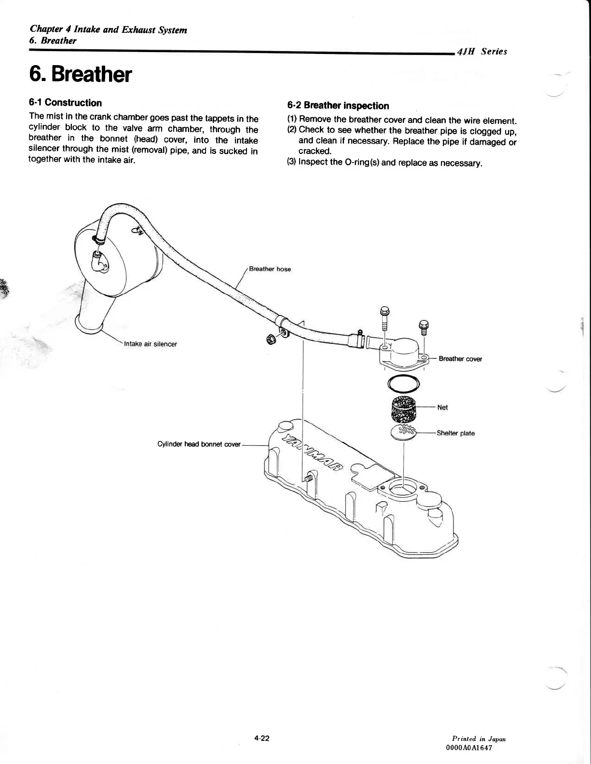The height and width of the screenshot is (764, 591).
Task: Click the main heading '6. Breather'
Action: click(80, 75)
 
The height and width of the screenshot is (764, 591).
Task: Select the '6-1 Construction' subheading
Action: click(65, 103)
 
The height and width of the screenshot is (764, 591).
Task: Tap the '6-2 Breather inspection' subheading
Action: click(338, 106)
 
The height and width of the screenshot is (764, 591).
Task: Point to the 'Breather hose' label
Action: click(270, 269)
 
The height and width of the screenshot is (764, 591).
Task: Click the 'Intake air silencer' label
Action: click(151, 344)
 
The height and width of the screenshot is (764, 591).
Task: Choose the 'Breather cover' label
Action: click(460, 359)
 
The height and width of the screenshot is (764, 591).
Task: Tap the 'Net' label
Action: click(442, 408)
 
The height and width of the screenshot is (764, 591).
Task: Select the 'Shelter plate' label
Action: click(455, 433)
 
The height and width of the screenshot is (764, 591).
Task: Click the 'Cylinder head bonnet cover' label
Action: click(199, 444)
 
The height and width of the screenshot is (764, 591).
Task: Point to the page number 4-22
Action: click(262, 738)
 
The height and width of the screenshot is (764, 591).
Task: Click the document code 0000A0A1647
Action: click(470, 748)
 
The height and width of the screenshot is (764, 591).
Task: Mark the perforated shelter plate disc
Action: click(403, 432)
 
